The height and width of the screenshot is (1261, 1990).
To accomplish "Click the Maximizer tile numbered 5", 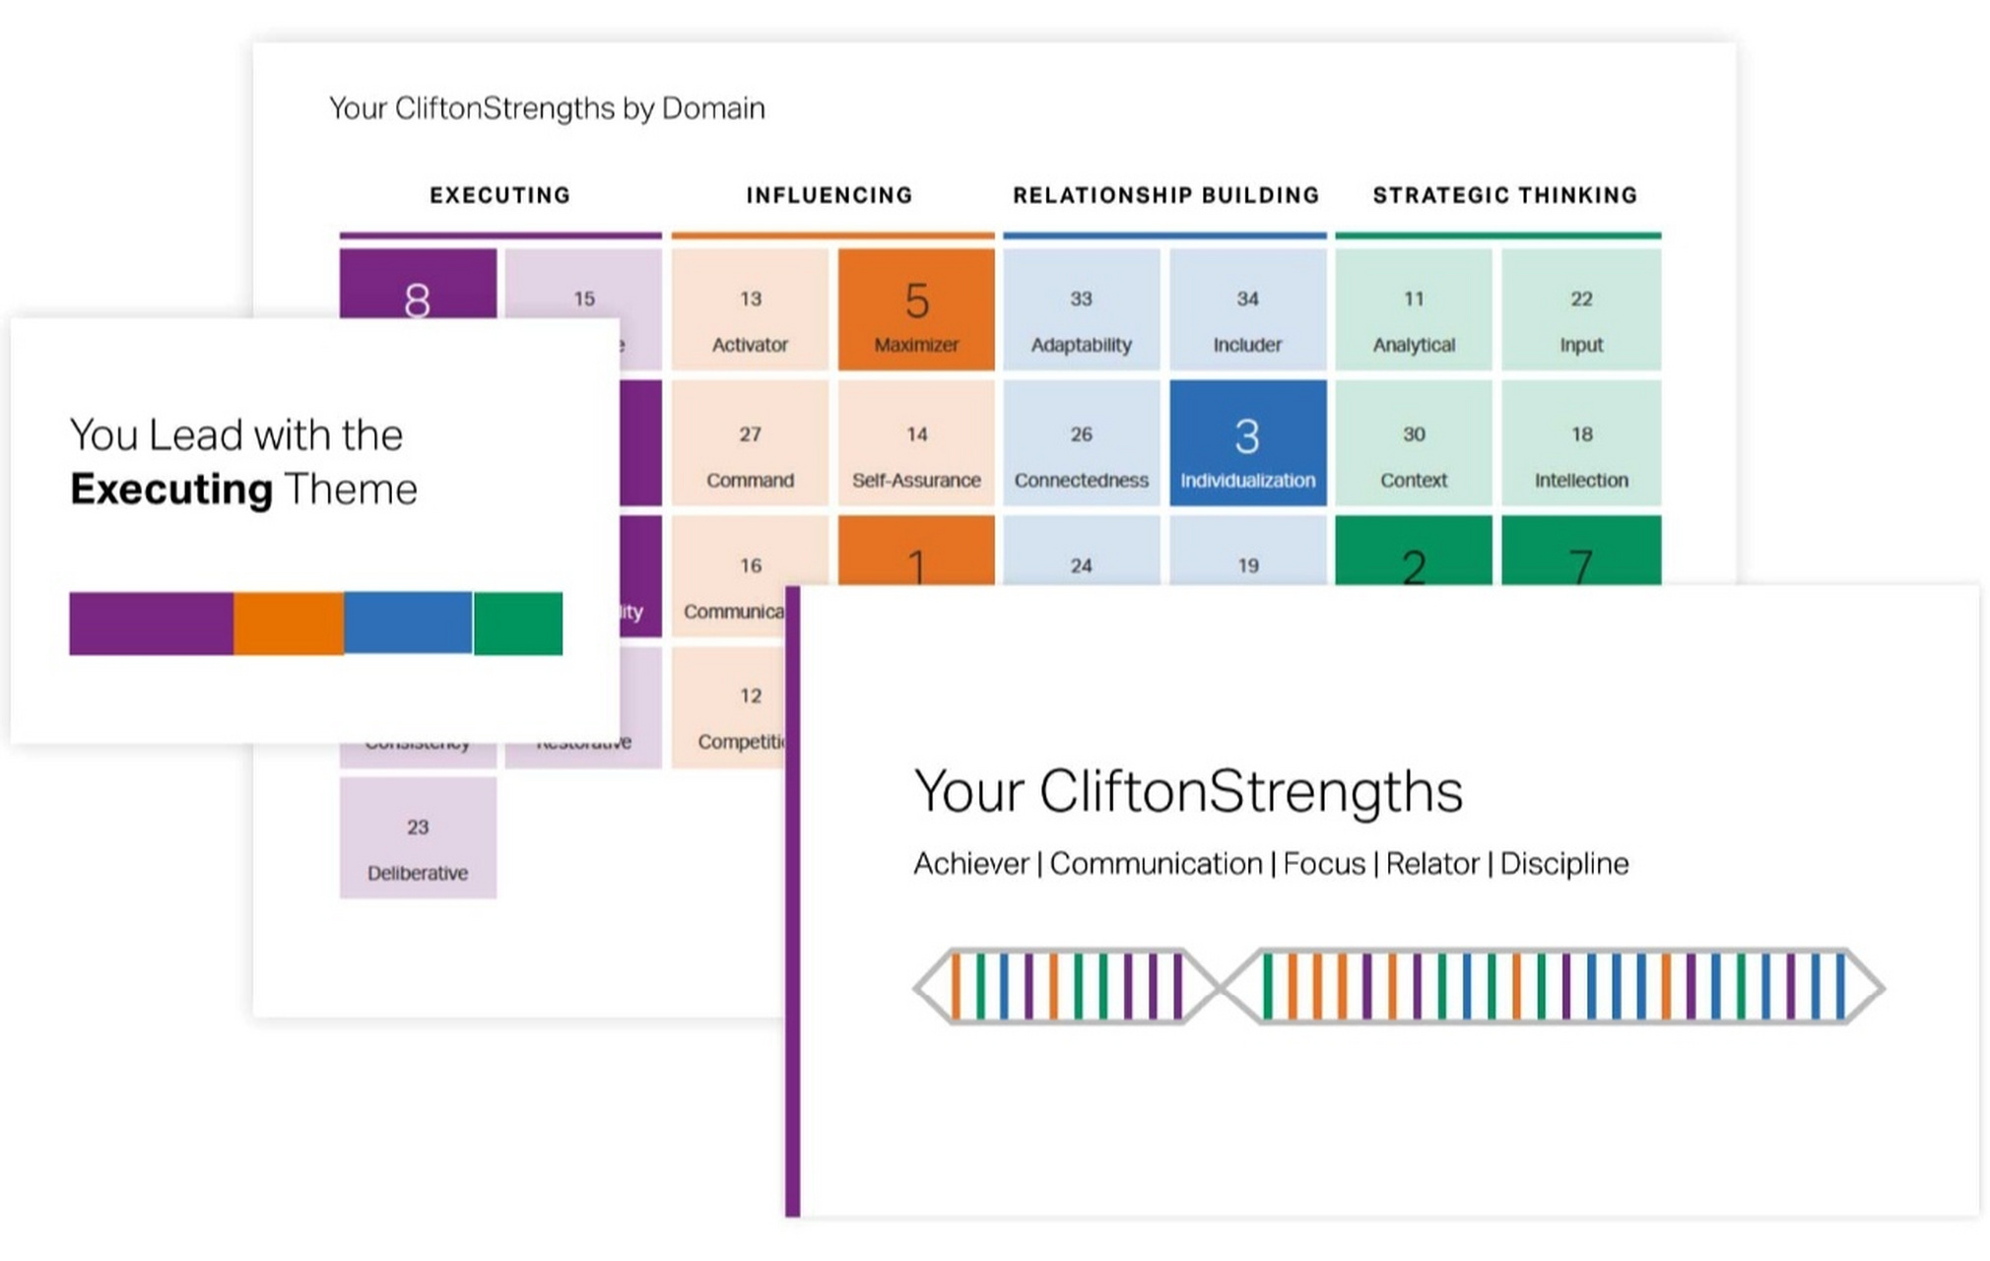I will [915, 310].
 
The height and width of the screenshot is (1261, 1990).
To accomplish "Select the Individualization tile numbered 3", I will [1247, 444].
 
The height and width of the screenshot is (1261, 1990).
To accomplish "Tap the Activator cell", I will [750, 310].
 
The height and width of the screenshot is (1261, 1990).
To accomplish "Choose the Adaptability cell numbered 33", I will [1081, 310].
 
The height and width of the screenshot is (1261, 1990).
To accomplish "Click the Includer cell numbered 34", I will [1247, 310].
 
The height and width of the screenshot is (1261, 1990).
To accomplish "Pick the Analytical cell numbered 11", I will [1413, 310].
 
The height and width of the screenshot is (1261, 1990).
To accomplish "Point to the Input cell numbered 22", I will [1580, 310].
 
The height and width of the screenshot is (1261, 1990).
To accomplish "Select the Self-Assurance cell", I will [915, 444].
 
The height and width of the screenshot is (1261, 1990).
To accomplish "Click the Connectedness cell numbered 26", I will [1081, 444].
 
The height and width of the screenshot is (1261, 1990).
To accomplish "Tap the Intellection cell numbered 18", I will [1580, 444].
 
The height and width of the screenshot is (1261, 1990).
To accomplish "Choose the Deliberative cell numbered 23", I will [418, 838].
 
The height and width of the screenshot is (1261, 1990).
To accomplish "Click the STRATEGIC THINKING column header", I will [1504, 195].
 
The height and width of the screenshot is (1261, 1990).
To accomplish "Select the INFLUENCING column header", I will [829, 195].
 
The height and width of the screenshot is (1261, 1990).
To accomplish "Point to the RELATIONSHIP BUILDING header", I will [1165, 195].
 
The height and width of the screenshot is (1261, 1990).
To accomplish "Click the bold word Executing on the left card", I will [171, 490].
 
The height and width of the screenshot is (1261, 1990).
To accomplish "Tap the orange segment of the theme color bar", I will [289, 624].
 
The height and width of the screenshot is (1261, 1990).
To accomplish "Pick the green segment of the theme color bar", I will [518, 624].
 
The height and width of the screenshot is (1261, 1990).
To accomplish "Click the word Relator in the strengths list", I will [1431, 864].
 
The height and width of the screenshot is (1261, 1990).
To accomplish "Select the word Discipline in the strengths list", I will [1563, 864].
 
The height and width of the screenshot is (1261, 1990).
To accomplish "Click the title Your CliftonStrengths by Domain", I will [547, 108].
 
